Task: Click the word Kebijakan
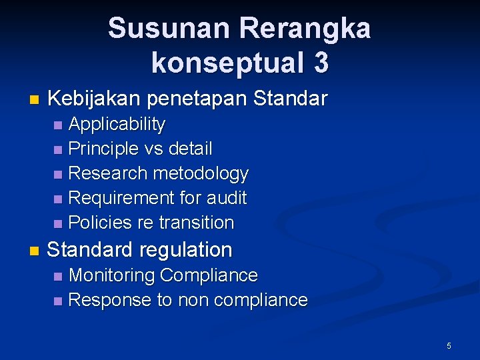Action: point(94,99)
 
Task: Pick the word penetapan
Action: point(199,100)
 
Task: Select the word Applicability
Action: point(117,125)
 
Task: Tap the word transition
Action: point(197,223)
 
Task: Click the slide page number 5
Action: point(449,346)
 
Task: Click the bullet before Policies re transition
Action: point(59,223)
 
